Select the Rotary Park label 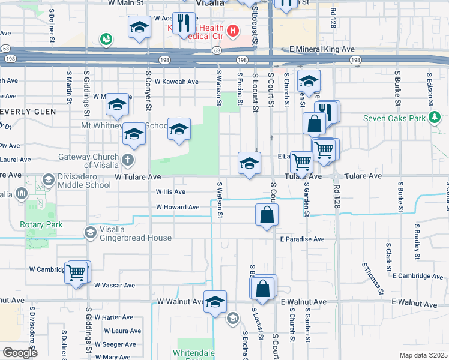(41, 225)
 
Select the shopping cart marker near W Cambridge (76, 272)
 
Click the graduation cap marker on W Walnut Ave (214, 302)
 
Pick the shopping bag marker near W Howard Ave (267, 214)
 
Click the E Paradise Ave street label (302, 239)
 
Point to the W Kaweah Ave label (176, 82)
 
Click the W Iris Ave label (170, 192)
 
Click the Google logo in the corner (20, 353)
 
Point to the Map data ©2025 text (423, 355)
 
